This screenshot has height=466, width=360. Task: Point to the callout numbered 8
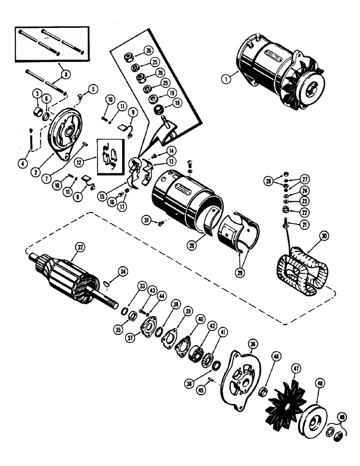tap(64, 73)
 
